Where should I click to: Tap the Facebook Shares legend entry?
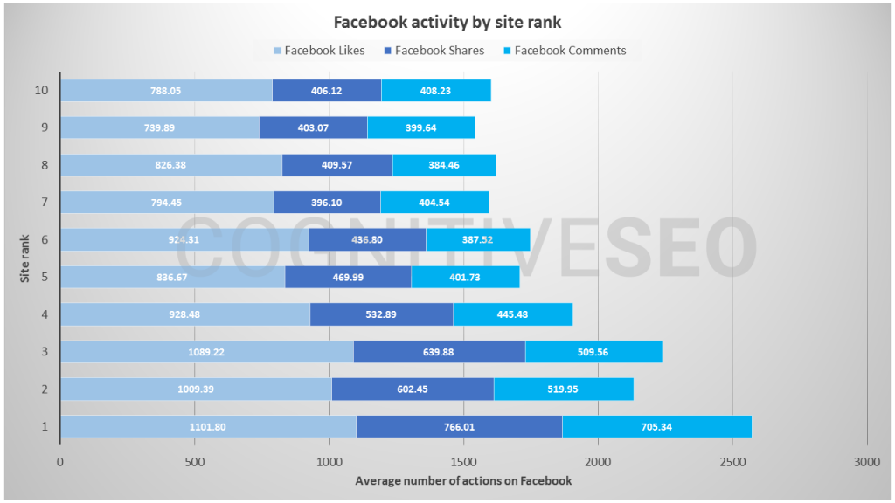tap(433, 51)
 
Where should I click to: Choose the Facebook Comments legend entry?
tap(564, 51)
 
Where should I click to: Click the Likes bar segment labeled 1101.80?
tap(208, 426)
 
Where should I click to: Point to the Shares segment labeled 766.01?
tap(459, 426)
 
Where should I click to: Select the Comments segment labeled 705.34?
tap(656, 426)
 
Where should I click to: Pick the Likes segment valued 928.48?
tap(184, 314)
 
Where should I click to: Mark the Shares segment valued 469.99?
tap(348, 277)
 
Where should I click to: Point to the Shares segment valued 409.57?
tap(337, 165)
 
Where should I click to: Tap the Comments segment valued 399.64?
tap(420, 127)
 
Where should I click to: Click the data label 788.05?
tap(165, 90)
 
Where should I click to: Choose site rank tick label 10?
tap(42, 90)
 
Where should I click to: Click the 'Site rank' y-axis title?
tap(27, 258)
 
